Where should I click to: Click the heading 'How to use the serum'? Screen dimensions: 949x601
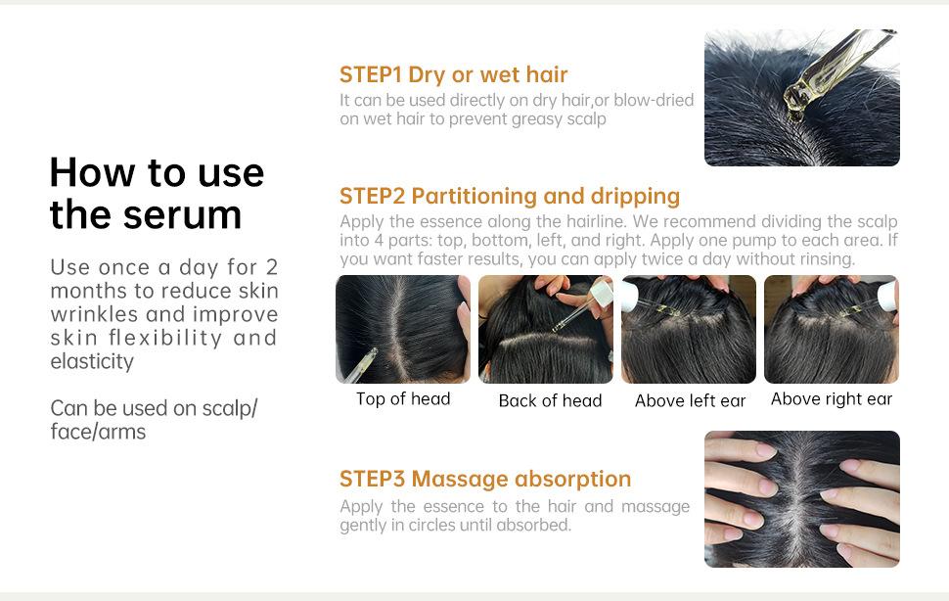(157, 193)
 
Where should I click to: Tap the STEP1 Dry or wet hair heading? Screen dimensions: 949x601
(453, 74)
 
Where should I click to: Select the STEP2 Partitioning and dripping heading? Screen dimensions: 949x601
(510, 196)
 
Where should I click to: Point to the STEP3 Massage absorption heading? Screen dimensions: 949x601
(485, 479)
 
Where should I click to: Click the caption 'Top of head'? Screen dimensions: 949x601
(403, 398)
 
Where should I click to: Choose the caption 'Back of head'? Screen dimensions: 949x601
(550, 400)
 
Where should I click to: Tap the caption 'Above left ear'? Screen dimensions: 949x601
(690, 400)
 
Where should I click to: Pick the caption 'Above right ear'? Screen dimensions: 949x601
(832, 398)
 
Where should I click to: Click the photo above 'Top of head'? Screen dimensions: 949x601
(403, 329)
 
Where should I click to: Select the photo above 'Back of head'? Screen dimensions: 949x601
(545, 329)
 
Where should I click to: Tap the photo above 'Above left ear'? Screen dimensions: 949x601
(688, 329)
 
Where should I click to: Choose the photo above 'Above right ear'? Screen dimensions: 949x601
(831, 329)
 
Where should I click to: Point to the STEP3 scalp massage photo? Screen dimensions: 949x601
(802, 499)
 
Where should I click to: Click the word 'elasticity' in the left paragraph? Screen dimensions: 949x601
(92, 361)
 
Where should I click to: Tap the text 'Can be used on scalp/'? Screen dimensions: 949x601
(154, 408)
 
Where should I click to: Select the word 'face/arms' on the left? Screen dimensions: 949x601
(98, 432)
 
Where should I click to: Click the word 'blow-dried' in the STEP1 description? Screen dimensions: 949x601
(654, 100)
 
